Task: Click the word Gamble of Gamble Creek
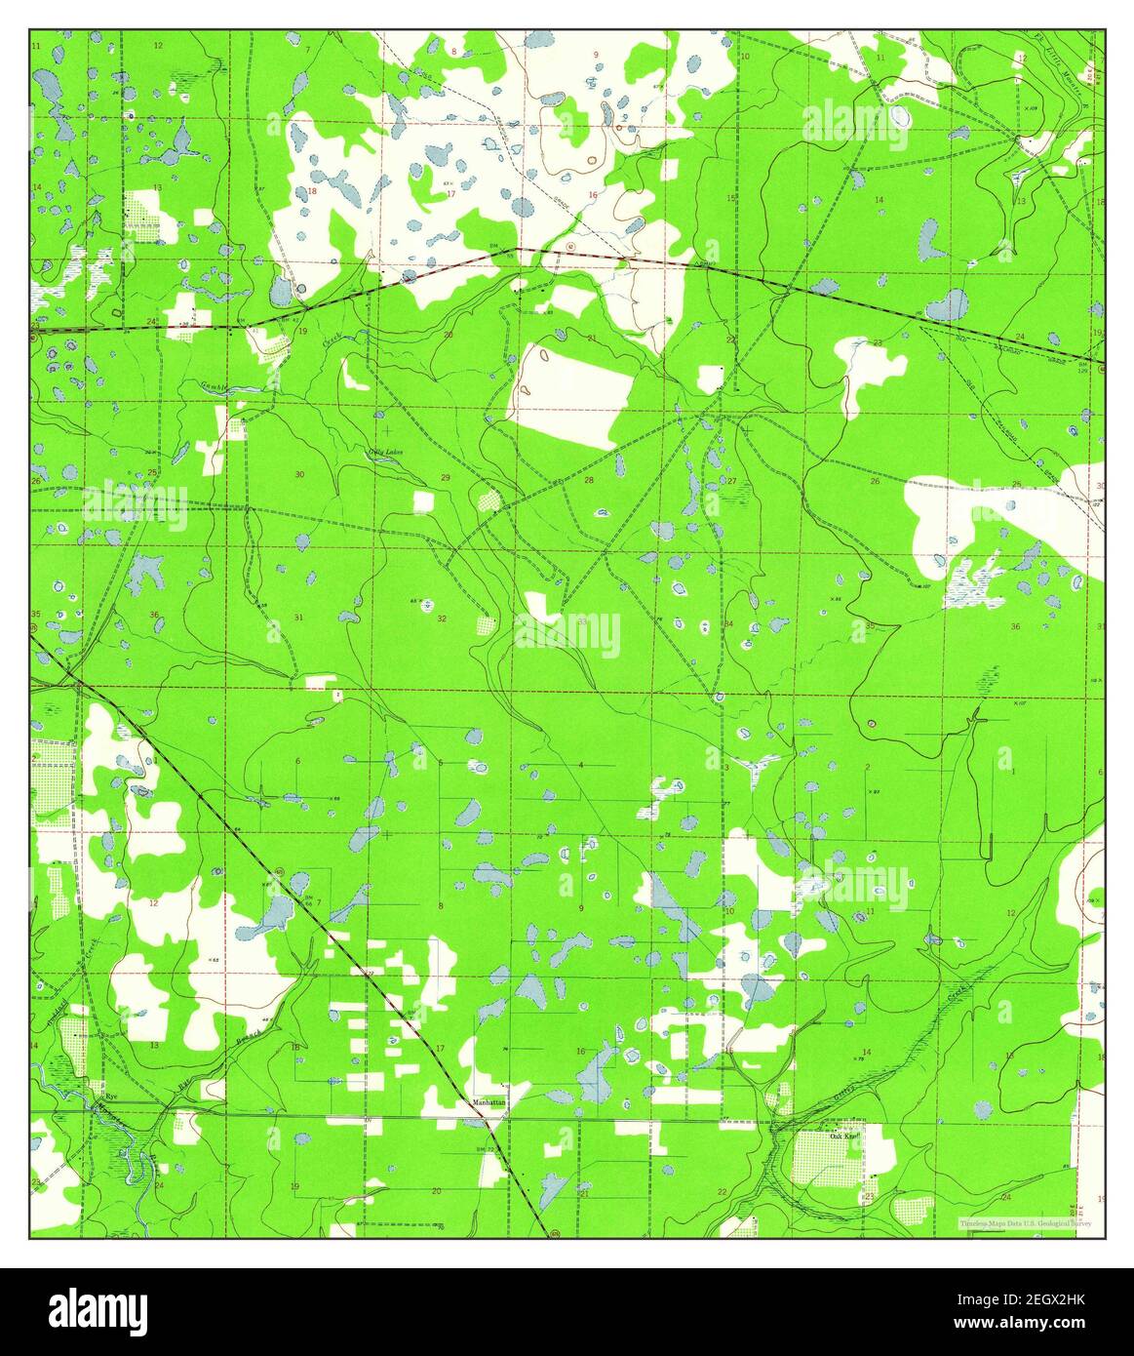pos(216,384)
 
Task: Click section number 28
pos(588,480)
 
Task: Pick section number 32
pos(442,618)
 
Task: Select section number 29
pos(446,477)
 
